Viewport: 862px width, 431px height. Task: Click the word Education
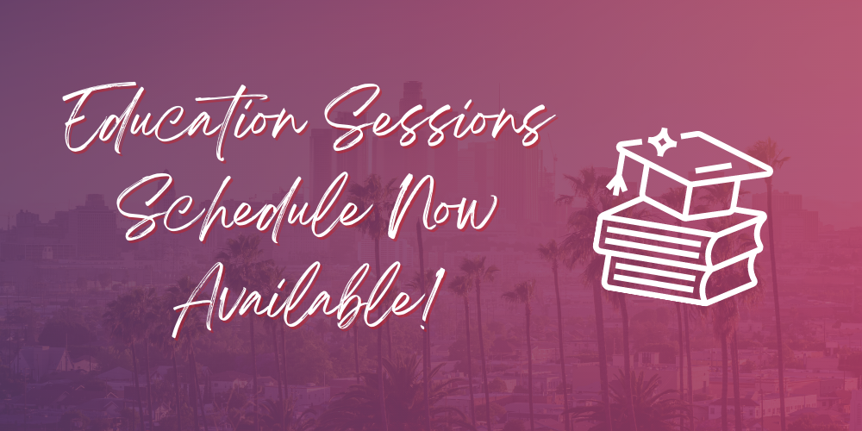pos(187,121)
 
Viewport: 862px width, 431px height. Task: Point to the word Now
pos(440,207)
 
